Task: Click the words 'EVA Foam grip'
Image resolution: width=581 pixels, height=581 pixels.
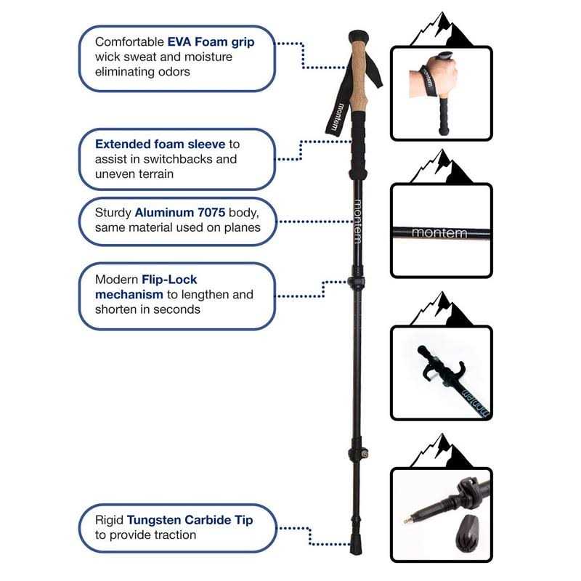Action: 211,42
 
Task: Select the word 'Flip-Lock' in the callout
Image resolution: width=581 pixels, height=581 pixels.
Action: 171,280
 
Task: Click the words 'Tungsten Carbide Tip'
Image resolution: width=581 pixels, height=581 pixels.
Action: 190,520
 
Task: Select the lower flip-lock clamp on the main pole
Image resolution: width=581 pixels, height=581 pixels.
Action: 357,454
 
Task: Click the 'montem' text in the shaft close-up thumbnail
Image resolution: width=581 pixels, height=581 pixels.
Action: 439,233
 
